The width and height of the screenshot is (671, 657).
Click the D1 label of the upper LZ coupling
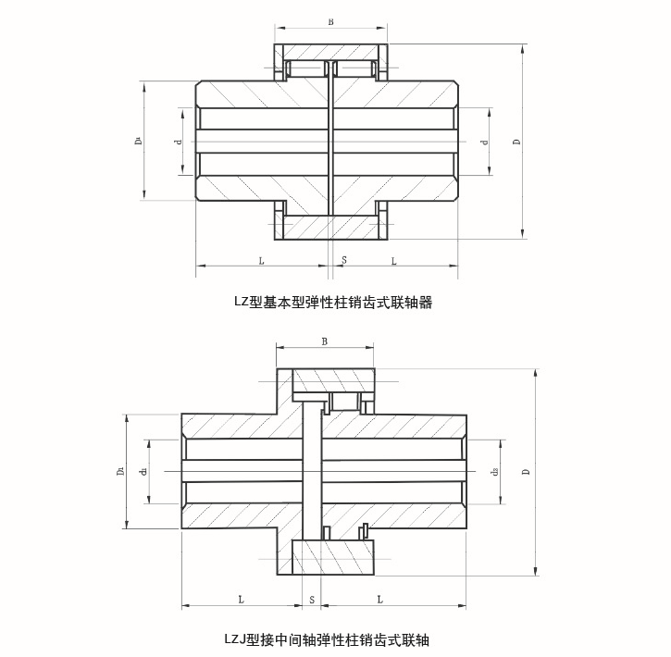[x=136, y=141]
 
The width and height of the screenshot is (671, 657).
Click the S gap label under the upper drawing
[x=343, y=261]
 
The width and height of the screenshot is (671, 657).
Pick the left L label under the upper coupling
[x=261, y=261]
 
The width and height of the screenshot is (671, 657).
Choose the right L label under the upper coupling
[x=393, y=261]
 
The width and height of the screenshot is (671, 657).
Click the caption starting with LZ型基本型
[x=334, y=302]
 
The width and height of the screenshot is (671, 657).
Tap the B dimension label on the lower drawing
[x=324, y=341]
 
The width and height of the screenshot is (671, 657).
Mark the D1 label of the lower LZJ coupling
[x=120, y=472]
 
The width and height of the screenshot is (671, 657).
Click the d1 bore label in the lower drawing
[x=144, y=472]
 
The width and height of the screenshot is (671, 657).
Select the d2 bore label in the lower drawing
[x=496, y=472]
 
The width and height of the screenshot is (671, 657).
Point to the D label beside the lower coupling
[x=528, y=472]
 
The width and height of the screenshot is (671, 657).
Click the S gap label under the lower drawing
[x=312, y=600]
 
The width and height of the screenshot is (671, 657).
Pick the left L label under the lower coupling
[x=241, y=600]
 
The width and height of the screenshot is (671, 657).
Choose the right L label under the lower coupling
[x=380, y=600]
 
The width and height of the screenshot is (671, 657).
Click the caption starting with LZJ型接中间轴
[x=327, y=639]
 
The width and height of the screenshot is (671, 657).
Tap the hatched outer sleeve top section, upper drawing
[x=330, y=50]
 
